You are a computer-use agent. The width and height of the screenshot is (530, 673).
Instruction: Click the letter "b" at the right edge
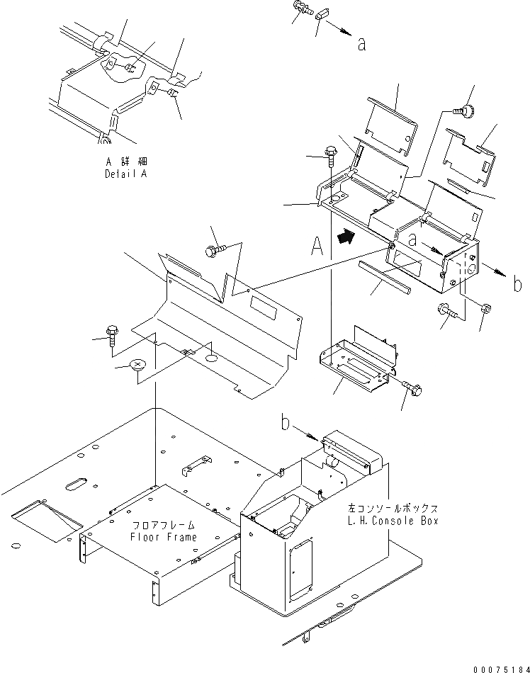click(x=518, y=285)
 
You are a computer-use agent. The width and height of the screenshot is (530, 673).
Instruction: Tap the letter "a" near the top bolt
click(x=362, y=44)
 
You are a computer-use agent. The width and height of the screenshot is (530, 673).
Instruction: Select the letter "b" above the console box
click(x=285, y=425)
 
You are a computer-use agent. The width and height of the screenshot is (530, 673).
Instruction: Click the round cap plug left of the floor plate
click(x=137, y=366)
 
